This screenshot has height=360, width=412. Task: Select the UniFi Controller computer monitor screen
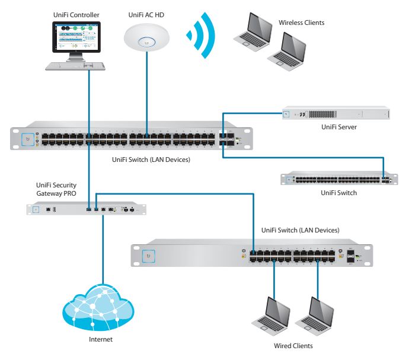click(x=76, y=38)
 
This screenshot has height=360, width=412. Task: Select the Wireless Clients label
click(x=301, y=23)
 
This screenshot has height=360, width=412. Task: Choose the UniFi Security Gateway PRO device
click(x=86, y=209)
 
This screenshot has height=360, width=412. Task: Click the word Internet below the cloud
click(x=100, y=340)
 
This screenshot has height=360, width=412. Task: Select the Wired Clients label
click(x=293, y=346)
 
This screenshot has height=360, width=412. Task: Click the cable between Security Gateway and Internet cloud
click(x=103, y=249)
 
